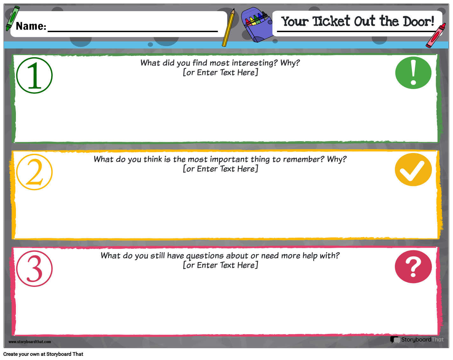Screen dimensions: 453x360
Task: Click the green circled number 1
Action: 34,75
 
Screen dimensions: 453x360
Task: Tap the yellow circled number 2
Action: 34,172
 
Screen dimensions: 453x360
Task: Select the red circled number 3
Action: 34,268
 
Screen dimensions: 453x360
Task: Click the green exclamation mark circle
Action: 413,73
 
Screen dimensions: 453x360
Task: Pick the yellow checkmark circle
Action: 413,170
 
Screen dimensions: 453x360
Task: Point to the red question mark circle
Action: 413,267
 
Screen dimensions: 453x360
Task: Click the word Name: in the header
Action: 31,26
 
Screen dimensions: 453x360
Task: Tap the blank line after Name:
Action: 133,31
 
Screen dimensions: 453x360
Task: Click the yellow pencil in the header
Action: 228,27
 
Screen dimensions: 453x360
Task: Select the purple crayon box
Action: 257,24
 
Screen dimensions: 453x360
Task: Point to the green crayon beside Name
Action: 12,18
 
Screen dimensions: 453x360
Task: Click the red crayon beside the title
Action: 436,35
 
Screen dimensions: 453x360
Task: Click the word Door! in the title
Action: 418,21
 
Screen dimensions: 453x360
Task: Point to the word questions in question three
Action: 205,256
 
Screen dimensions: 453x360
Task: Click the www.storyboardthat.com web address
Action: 30,342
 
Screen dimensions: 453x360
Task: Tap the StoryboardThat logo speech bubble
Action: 395,340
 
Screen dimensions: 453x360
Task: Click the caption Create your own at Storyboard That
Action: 43,354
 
